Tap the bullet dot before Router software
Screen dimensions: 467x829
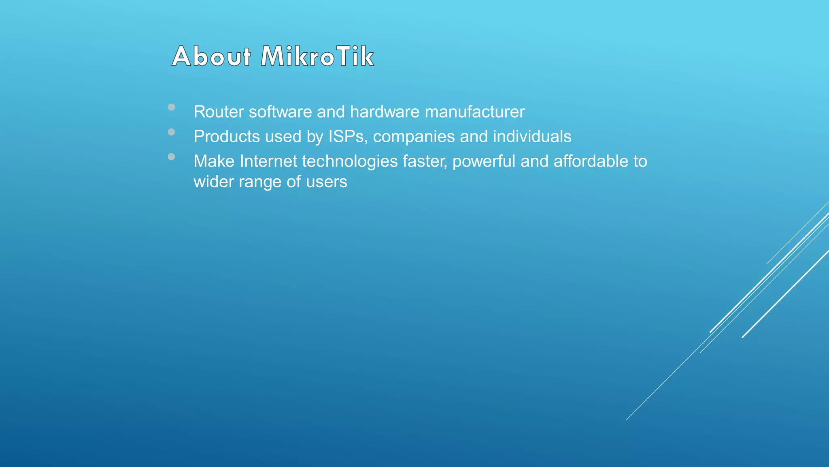[171, 107]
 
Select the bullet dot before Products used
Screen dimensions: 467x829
[171, 132]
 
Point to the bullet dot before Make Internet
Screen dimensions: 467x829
[171, 157]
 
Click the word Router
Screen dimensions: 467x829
[218, 112]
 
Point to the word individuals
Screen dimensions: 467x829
[532, 137]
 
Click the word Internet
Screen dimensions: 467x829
[268, 161]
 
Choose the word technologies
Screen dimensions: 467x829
[350, 161]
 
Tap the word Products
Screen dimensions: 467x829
[227, 137]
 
